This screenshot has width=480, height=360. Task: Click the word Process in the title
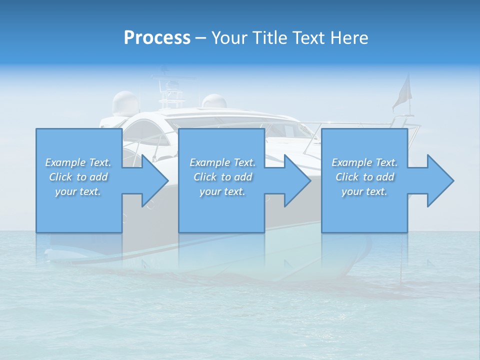pos(157,37)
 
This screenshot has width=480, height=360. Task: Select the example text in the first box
pos(78,177)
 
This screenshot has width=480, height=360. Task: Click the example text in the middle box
pos(222,177)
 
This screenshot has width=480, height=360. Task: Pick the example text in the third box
pos(364,177)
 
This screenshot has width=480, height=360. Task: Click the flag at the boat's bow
pos(401,92)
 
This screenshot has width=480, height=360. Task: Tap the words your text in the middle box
pos(222,191)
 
